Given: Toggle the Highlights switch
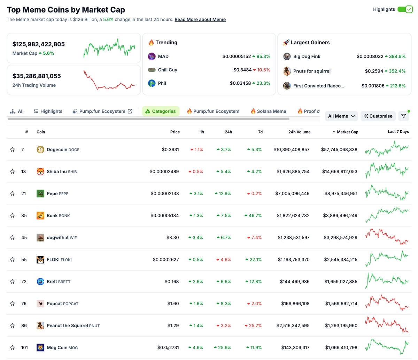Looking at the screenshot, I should click(405, 9).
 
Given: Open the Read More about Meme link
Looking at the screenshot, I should click(200, 20).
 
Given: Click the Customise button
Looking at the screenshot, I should click(378, 116).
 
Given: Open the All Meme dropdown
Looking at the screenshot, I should click(341, 116).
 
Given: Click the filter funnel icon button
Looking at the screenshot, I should click(403, 116).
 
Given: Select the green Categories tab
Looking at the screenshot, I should click(161, 111).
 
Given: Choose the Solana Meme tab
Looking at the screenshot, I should click(268, 111).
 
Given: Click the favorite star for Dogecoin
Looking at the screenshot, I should click(13, 150).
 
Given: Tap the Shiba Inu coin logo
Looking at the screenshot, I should click(40, 171).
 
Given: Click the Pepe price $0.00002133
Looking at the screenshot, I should click(165, 193).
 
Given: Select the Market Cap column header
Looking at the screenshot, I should click(347, 132).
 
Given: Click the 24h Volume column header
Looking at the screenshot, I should click(299, 132).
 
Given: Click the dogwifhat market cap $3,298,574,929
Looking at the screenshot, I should click(340, 237).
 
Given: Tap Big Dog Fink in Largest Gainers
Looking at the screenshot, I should click(307, 56).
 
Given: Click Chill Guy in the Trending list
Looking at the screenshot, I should click(167, 70).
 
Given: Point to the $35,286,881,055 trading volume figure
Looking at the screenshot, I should click(37, 76).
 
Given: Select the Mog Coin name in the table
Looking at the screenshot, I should click(57, 347).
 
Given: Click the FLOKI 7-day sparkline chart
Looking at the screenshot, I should click(387, 259).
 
